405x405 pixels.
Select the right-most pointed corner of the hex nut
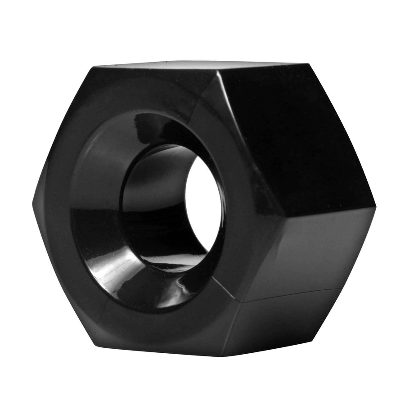coord(375,207)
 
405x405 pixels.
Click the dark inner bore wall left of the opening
coord(153,202)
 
